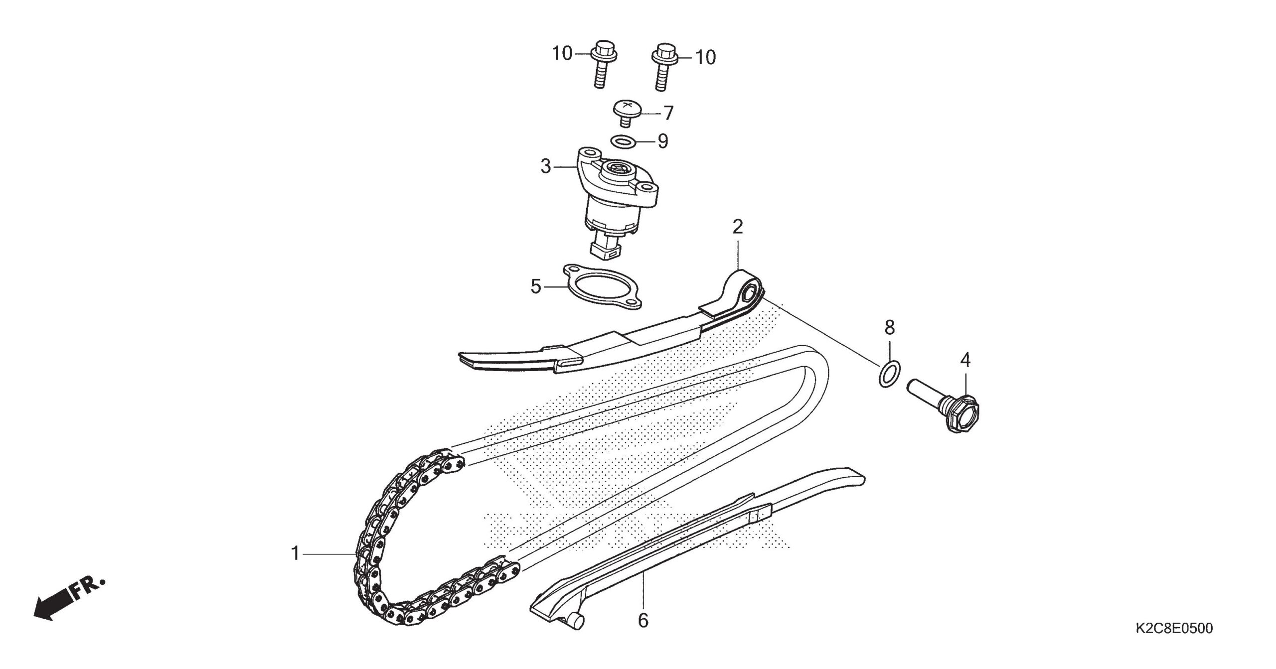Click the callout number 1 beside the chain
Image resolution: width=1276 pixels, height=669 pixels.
pyautogui.click(x=296, y=553)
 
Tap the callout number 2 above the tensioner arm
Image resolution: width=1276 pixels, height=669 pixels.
pyautogui.click(x=738, y=227)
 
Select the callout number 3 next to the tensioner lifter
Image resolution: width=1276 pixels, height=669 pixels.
pyautogui.click(x=546, y=166)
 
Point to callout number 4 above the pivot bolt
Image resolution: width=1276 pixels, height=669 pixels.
pyautogui.click(x=965, y=360)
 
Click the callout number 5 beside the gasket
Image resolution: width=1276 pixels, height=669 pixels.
pyautogui.click(x=536, y=286)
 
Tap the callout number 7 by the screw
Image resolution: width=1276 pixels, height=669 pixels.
pyautogui.click(x=668, y=113)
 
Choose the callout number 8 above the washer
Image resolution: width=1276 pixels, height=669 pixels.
pyautogui.click(x=890, y=327)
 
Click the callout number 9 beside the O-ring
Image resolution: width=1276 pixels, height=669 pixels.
pyautogui.click(x=662, y=141)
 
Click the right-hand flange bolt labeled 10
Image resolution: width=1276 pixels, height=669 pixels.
pyautogui.click(x=662, y=67)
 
